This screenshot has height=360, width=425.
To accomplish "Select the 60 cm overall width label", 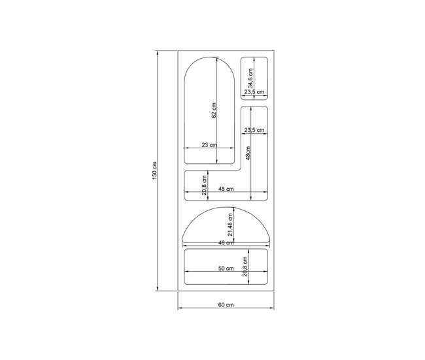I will pos(226,305).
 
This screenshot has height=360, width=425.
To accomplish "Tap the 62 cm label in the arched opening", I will pos(214,111).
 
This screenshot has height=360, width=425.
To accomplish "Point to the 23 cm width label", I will pos(209,144).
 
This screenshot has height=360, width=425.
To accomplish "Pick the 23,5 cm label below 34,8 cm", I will pos(254,93).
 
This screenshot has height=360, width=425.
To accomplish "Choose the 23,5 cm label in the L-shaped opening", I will pos(254,129).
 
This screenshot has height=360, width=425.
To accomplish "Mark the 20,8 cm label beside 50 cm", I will pos(243,267).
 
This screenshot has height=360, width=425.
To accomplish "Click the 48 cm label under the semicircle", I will pos(226,242).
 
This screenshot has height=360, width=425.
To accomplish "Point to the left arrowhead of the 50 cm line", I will pos(186,273).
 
